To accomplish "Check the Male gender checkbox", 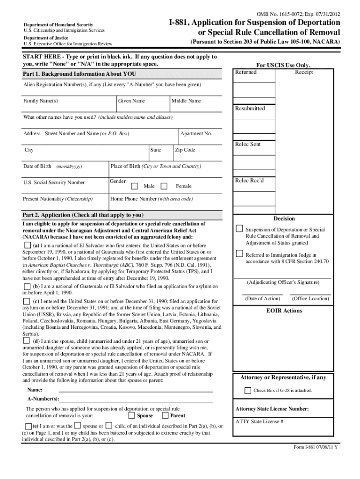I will click(x=134, y=186).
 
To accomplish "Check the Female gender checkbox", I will click(x=164, y=186).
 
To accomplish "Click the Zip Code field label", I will click(x=185, y=150).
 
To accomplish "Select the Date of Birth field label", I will click(x=37, y=167).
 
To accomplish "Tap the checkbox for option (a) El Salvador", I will click(x=28, y=246).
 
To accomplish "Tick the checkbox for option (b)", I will click(x=28, y=286).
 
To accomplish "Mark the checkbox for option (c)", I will click(x=28, y=302).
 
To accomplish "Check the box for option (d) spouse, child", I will click(x=28, y=341).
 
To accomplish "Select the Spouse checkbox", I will click(x=132, y=415).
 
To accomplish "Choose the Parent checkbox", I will click(x=165, y=415).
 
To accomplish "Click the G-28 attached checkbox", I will click(x=248, y=391).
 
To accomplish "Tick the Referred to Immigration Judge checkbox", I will click(x=239, y=254).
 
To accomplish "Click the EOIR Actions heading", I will click(x=284, y=311).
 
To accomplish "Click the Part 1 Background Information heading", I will click(x=73, y=74).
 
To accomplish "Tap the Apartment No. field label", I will click(x=196, y=134).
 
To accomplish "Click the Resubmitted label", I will click(x=250, y=109).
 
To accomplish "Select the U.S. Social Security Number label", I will click(x=54, y=182).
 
